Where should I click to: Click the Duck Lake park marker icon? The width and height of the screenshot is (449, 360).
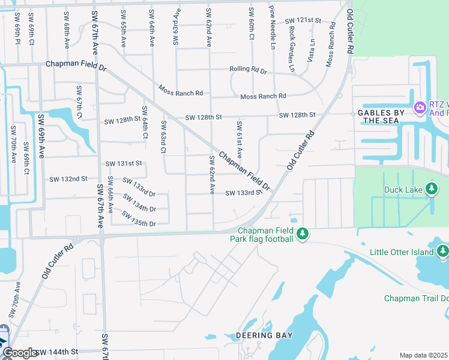[x=432, y=190]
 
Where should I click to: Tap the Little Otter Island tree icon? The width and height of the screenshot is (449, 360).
[x=443, y=251]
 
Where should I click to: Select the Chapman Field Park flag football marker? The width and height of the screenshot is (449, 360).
[x=303, y=233]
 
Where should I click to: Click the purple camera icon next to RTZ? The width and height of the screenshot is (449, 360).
[x=420, y=107]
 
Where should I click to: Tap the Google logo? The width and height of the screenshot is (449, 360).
[x=20, y=353]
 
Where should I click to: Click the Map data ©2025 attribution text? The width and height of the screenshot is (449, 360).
[x=423, y=355]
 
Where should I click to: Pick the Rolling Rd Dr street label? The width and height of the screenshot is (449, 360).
[x=248, y=70]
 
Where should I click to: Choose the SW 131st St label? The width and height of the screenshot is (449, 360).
[x=124, y=163]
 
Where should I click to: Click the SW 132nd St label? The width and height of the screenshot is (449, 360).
[x=68, y=179]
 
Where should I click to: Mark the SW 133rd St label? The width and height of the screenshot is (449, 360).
[x=243, y=193]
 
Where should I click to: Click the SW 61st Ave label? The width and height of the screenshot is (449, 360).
[x=239, y=140]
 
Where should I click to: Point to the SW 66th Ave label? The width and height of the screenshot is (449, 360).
[x=110, y=195]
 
